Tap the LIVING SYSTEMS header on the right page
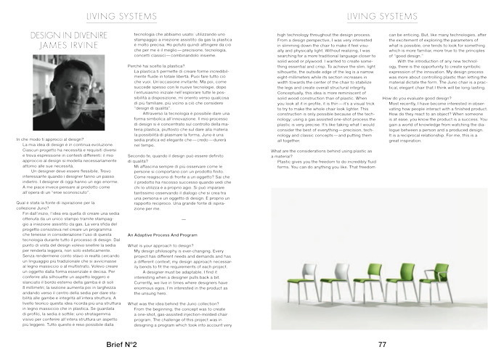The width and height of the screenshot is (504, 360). [x=378, y=14]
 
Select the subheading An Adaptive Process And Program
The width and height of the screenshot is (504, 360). [x=163, y=236]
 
